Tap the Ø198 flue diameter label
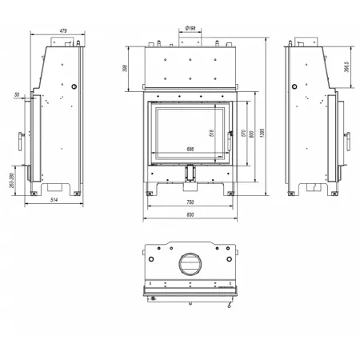190,30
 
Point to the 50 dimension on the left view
17,95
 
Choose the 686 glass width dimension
190,149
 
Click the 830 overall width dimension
190,215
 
